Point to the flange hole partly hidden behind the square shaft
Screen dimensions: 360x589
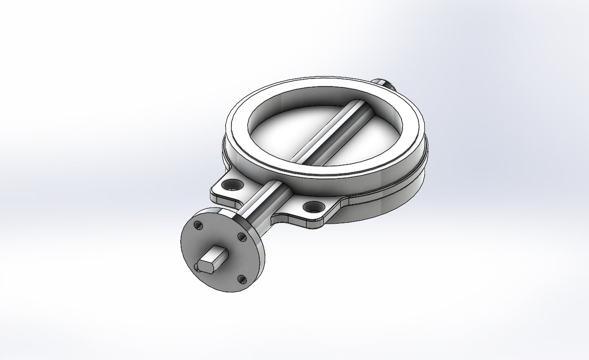197,267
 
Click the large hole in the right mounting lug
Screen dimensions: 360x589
311,207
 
